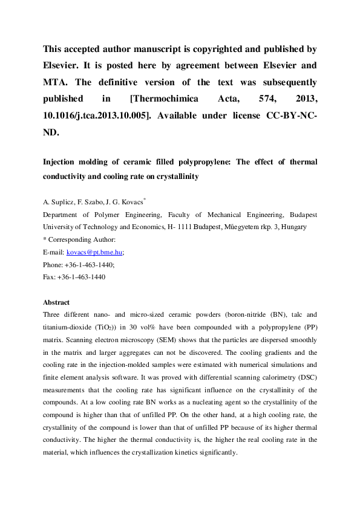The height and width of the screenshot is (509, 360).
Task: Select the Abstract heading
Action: coord(56,302)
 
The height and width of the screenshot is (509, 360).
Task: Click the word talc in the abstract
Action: coord(292,314)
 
